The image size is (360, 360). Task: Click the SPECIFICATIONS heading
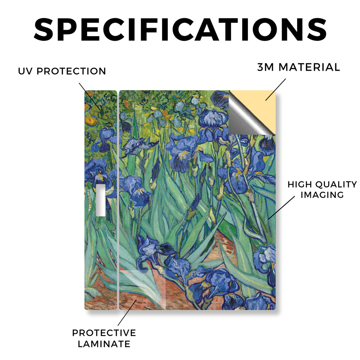pos(180,30)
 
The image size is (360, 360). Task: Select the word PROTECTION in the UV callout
pos(71,71)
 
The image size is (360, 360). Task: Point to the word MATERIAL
pos(309,67)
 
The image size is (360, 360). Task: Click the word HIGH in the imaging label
pos(300,184)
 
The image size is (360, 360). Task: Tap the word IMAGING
pos(322,195)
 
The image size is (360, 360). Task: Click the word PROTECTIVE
pos(104,333)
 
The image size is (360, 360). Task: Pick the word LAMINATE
pos(104,344)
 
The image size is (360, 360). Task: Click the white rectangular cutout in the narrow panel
pos(101,200)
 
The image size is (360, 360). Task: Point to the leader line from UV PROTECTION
pos(90,96)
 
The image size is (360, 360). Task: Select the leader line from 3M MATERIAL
pos(276,90)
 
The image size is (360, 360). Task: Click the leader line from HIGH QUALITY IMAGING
pos(282,207)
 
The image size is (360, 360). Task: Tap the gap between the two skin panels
pos(118,200)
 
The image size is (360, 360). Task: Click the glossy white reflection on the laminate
pos(142,287)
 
